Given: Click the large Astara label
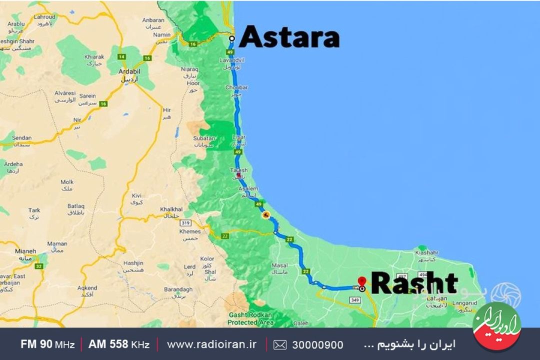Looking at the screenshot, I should tap(289, 37).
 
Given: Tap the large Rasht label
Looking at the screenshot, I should tap(414, 283).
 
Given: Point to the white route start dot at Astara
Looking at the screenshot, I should tap(231, 38).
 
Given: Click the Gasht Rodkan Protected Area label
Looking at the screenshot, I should tap(251, 319).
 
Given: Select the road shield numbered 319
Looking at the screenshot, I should tap(186, 223).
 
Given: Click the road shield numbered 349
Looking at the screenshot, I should tap(355, 300).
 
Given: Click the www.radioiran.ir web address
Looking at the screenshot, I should tap(211, 344).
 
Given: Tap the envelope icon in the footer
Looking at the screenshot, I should tap(280, 344).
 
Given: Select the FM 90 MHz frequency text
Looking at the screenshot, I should tap(47, 344).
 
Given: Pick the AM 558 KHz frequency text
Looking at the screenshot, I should tap(118, 344).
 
